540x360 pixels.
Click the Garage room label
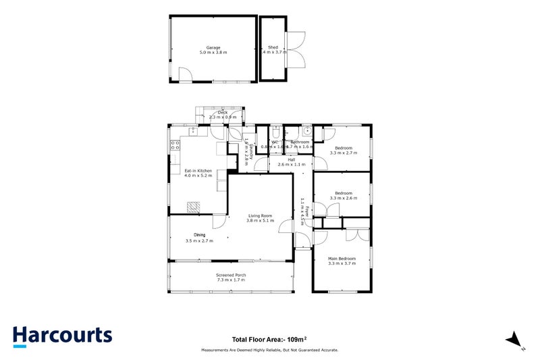coord(213,47)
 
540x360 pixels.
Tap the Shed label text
coord(273,47)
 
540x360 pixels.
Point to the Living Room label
coord(261,215)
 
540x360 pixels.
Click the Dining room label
coord(200,235)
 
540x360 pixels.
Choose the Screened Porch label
coord(231,275)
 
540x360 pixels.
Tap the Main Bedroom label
coord(342,259)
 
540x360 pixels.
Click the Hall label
coord(292,159)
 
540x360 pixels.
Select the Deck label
coord(213,113)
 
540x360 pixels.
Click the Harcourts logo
coord(62,336)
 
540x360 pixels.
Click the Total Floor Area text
coord(269,339)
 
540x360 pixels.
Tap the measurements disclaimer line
coord(269,350)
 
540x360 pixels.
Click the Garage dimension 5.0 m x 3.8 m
coord(213,52)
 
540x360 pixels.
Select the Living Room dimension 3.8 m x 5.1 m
coord(261,220)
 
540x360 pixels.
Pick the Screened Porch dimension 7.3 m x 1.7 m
coord(231,280)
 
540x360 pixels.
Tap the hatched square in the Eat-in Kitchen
coord(194,207)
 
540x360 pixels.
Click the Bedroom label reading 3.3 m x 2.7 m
coord(344,153)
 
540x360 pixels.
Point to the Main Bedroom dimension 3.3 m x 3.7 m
coord(342,263)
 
